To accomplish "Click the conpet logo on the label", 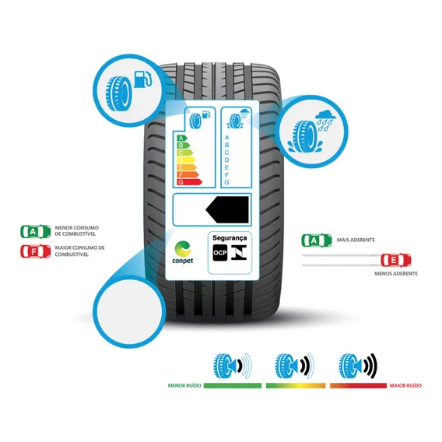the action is click(x=183, y=252).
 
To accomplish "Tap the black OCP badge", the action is click(x=220, y=253).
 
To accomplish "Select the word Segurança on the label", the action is click(x=230, y=238).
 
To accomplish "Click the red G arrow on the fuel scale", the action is click(x=189, y=182).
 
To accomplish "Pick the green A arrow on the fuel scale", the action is click(x=182, y=139).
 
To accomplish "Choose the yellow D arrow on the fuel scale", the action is click(x=186, y=160).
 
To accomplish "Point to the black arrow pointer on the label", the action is click(x=227, y=210).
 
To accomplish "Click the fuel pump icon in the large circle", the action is click(x=142, y=79).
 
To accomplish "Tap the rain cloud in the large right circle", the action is click(x=325, y=116).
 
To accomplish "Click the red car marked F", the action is click(x=36, y=251).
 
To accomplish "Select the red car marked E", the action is click(x=396, y=260).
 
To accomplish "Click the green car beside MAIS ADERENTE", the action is click(x=317, y=240).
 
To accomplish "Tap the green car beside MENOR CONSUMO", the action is click(x=36, y=231).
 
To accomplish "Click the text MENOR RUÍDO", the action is click(x=184, y=385).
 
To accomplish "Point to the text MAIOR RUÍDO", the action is click(x=405, y=385).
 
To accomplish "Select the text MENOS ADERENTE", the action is click(x=396, y=273).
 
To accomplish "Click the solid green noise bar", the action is click(x=233, y=385).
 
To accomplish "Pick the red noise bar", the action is click(x=358, y=385).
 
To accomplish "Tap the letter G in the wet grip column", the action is click(x=226, y=182).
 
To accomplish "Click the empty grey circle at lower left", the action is click(x=130, y=311).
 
